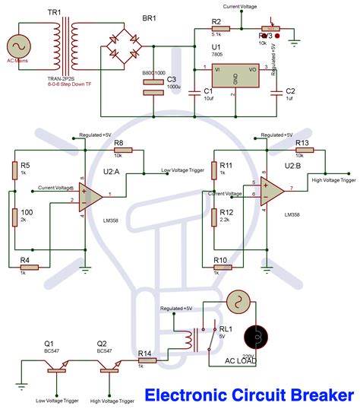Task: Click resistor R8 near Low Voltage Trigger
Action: pos(118,151)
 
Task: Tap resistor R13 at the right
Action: pos(302,150)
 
